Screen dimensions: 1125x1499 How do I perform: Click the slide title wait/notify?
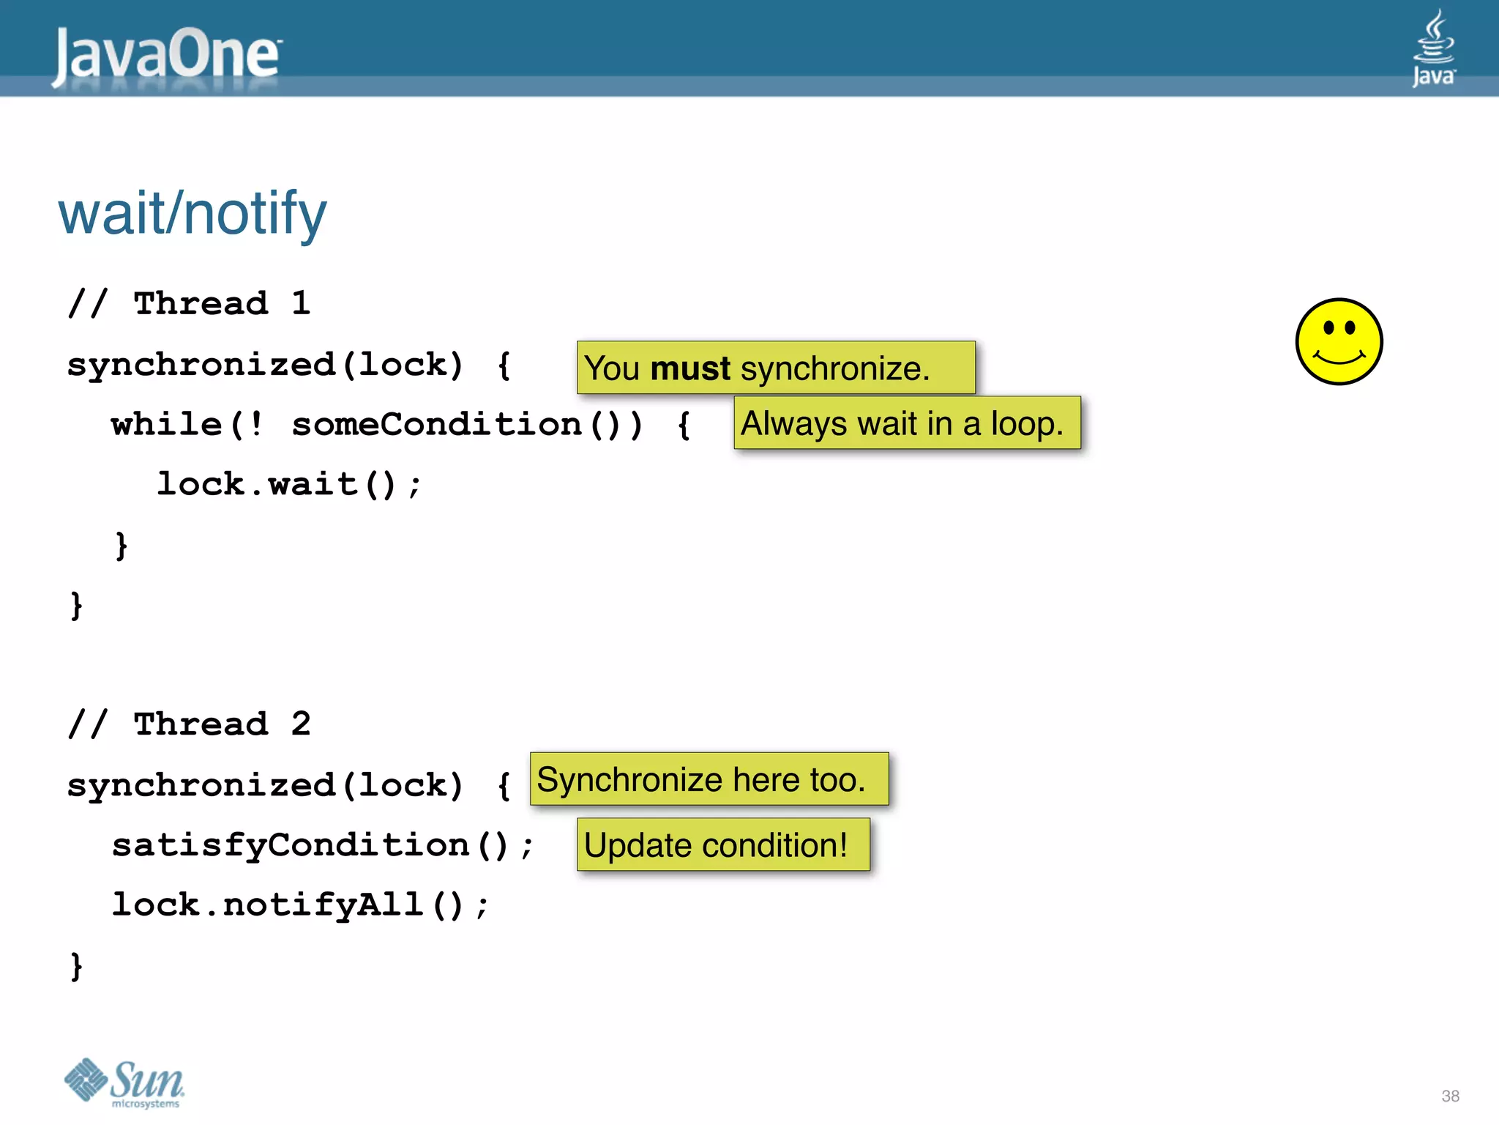192,213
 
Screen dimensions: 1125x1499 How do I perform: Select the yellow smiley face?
1339,341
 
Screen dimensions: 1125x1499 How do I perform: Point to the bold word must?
689,368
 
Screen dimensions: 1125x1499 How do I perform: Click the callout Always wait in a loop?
906,423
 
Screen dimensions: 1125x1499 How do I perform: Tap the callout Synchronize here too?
709,779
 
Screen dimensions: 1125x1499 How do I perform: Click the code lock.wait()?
289,484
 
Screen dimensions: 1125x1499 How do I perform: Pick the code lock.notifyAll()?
299,905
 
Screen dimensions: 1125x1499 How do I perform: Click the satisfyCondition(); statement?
322,845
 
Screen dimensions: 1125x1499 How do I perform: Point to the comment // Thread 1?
190,303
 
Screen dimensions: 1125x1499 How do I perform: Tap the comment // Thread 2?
190,724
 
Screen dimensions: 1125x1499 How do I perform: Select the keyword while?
166,424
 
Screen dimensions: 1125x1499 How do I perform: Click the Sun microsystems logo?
124,1082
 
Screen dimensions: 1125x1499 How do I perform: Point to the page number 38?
1450,1096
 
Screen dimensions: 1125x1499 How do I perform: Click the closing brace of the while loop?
122,546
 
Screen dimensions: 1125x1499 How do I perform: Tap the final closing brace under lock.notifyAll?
76,966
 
